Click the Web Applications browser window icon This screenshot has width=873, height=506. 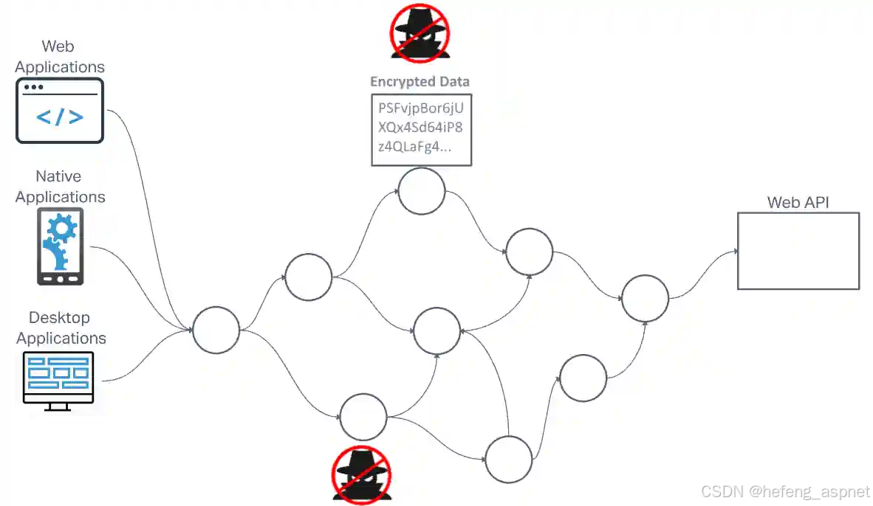60,111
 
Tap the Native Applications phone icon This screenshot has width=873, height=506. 61,246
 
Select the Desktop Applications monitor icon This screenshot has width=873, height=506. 59,381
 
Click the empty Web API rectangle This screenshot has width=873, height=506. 798,251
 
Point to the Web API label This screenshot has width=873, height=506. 798,201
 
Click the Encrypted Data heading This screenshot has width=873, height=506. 420,82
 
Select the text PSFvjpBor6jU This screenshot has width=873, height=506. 421,108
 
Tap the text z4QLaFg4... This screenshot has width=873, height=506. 414,146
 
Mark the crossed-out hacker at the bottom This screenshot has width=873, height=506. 361,474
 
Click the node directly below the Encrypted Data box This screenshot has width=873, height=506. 422,191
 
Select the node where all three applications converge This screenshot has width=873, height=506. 216,330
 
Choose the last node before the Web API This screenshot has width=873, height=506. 645,299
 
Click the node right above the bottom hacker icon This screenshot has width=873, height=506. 363,417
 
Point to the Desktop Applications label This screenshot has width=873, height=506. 61,327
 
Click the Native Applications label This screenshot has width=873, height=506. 61,187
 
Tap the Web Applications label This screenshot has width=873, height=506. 60,56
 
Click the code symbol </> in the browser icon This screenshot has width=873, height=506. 60,117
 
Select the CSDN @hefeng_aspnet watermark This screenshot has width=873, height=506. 785,492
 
